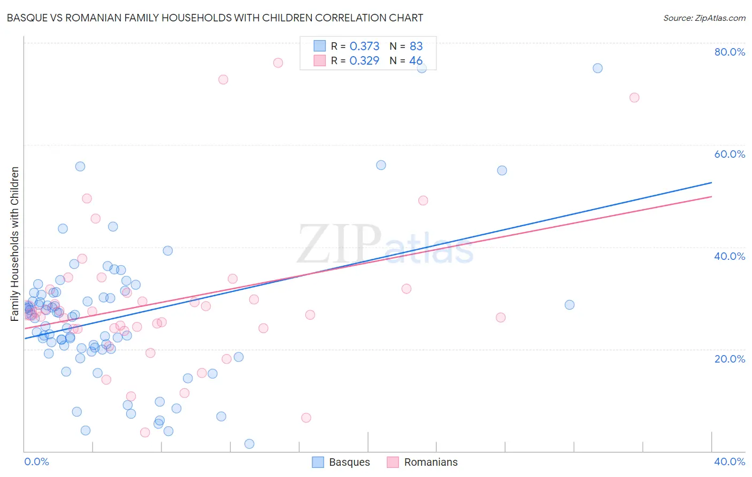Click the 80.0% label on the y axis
coord(730,52)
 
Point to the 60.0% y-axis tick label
coord(730,154)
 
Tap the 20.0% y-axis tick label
coord(730,359)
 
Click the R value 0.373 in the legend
coord(364,47)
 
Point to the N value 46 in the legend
coord(416,61)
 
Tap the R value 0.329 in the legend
coord(364,61)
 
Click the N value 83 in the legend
coord(416,47)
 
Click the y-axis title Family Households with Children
coord(15,244)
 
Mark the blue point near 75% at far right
coord(597,68)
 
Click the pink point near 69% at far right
coord(634,97)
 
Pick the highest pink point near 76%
coord(278,63)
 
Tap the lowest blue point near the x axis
coord(249,444)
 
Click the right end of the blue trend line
coord(711,183)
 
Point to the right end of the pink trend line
coord(711,197)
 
